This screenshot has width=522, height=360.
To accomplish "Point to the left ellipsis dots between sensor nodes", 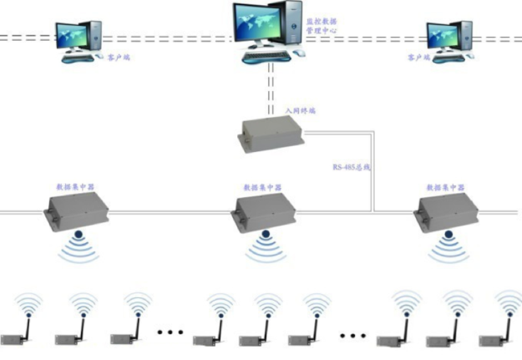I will [170, 332].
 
